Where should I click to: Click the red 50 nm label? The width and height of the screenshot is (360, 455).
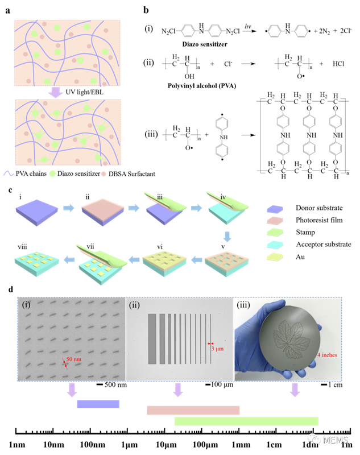point(73,360)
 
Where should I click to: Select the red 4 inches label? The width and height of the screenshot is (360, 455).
point(326,355)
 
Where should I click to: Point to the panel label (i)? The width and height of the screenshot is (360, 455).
point(26,304)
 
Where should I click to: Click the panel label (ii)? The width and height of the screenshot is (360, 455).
point(134,304)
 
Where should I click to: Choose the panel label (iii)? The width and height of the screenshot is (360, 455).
point(243,304)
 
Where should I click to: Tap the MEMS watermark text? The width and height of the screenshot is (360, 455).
point(335,440)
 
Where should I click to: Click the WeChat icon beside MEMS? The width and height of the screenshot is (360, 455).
point(314,439)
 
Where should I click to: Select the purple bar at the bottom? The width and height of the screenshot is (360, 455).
point(98,404)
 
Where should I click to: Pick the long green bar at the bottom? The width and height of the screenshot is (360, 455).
point(246,421)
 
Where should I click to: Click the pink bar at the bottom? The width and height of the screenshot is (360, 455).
point(193,410)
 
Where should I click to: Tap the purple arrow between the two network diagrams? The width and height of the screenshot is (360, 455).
point(55,92)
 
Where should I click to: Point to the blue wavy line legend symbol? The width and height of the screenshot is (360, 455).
point(9,173)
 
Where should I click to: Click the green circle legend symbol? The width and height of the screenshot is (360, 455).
point(53,173)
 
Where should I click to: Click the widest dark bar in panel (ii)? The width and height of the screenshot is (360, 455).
point(152,338)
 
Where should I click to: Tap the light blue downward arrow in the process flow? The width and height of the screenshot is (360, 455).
point(227,236)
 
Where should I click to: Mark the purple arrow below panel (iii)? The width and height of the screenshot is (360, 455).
point(295,390)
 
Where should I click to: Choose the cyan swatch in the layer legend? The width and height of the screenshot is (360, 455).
point(275,245)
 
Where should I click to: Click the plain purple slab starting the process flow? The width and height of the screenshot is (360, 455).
point(36,212)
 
